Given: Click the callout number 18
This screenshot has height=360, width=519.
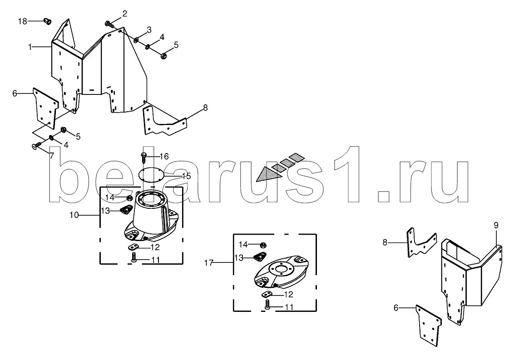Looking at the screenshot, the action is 22,21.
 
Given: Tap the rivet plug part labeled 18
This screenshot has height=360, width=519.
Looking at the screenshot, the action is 48,21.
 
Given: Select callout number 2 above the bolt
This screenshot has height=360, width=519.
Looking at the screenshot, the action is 125,14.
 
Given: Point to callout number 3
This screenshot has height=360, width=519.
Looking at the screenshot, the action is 149,30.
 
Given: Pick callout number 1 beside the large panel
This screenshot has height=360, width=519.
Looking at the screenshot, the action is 30,47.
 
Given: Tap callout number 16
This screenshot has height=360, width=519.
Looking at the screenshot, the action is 164,156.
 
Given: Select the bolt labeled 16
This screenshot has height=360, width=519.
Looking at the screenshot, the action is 143,158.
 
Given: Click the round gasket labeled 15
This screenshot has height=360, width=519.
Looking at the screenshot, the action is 151,174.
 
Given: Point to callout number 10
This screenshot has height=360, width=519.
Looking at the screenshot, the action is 74,215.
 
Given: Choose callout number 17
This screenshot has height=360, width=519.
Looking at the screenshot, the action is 208,263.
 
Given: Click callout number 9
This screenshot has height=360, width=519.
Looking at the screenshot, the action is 496,226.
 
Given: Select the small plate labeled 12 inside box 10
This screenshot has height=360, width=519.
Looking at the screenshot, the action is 133,247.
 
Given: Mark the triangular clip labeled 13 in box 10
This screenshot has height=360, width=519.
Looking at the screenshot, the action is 126,209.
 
